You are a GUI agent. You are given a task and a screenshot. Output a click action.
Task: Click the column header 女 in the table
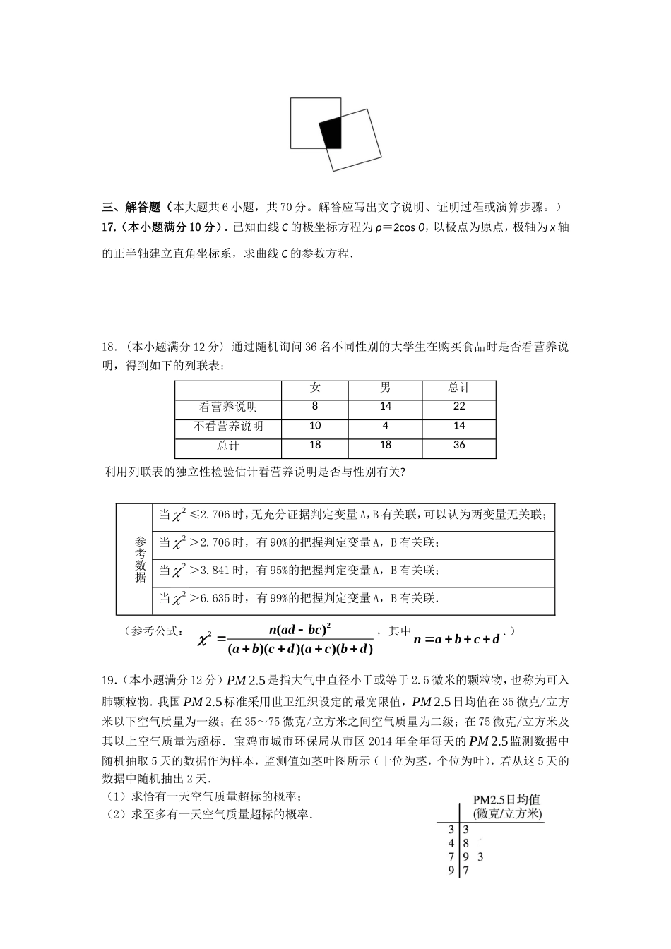[315, 388]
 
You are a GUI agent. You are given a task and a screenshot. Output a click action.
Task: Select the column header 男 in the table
[385, 388]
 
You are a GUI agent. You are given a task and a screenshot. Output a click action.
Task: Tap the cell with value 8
[315, 406]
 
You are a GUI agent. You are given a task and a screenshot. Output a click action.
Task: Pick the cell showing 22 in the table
[459, 406]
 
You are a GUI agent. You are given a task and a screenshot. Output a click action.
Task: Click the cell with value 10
[315, 426]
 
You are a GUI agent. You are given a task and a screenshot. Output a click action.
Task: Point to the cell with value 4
[385, 426]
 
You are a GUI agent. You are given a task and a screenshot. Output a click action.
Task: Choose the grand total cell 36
[459, 445]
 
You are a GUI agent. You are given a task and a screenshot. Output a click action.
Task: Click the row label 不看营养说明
[228, 426]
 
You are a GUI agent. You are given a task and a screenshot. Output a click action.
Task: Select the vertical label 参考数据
[140, 559]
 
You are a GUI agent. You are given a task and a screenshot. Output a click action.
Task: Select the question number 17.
[109, 227]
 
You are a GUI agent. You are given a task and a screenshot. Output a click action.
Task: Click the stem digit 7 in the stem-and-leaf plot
[451, 857]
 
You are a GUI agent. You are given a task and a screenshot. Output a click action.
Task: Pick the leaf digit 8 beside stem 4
[466, 844]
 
